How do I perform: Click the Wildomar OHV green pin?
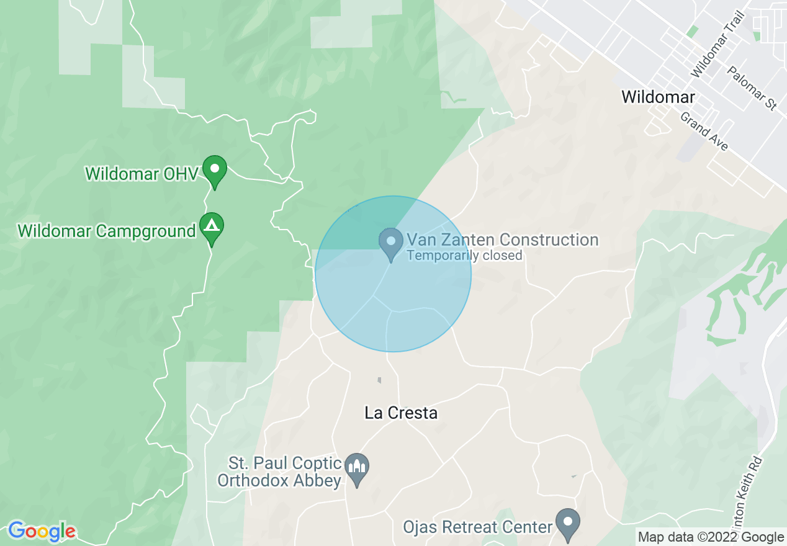[x=215, y=169]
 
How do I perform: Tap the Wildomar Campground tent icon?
[x=212, y=227]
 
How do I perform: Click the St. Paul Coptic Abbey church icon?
[x=357, y=468]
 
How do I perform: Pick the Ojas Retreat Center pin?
[x=567, y=522]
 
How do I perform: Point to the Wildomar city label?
[x=658, y=97]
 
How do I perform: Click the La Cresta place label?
[x=401, y=413]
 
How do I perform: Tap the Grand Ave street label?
[x=704, y=131]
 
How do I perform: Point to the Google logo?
[x=42, y=532]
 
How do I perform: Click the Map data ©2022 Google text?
[x=711, y=537]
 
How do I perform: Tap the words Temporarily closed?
[x=464, y=256]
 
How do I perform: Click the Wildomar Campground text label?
[x=107, y=231]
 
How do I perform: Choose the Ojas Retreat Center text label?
[x=477, y=527]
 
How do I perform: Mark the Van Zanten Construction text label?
[x=502, y=239]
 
